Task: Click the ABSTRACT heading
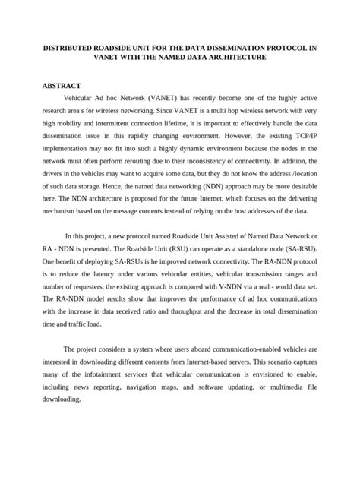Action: click(61, 86)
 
